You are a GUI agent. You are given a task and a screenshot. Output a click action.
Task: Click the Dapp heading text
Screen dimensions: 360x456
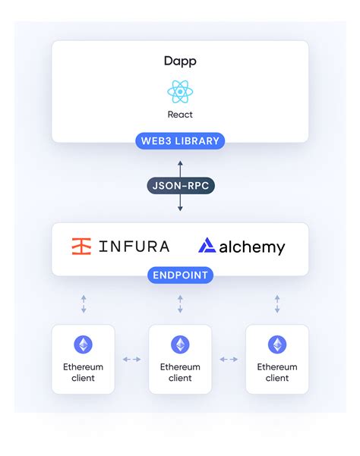(180, 61)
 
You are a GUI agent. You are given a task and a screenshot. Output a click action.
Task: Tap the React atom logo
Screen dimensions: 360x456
(180, 92)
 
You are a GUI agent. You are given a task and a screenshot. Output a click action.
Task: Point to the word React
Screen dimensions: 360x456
(180, 115)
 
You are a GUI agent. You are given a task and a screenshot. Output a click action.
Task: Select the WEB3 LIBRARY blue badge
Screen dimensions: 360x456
(180, 141)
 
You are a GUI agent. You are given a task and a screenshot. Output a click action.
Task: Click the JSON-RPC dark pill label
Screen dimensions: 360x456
(181, 186)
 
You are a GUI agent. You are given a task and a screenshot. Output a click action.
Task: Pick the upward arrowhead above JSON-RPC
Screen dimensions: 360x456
(180, 163)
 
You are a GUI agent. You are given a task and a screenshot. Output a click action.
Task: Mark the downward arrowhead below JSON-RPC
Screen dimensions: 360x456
(180, 208)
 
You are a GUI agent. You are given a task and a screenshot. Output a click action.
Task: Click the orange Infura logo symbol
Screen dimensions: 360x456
(81, 247)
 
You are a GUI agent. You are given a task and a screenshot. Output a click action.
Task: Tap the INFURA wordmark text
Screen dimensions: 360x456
(134, 247)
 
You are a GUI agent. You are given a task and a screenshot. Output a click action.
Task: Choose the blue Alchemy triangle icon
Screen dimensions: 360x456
(207, 245)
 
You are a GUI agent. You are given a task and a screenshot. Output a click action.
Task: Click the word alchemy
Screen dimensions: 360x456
(252, 247)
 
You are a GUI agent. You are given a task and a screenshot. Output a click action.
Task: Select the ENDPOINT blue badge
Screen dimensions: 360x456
(180, 275)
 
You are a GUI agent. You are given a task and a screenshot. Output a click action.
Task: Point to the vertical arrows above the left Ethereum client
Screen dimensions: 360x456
(84, 304)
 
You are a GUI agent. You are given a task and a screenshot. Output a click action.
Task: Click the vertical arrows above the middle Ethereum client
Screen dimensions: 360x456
(180, 304)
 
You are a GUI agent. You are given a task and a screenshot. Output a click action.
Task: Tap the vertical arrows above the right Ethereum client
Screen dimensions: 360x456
(277, 304)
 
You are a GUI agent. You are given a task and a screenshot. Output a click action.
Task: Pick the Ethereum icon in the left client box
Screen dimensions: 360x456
(84, 344)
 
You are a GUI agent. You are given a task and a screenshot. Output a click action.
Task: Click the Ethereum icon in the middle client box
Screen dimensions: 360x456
(180, 344)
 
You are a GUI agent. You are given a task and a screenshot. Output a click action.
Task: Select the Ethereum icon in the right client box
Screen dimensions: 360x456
(277, 344)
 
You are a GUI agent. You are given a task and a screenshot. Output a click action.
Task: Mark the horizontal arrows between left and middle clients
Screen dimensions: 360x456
(132, 360)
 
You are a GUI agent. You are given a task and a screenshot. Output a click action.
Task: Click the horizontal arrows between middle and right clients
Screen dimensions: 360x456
(229, 360)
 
